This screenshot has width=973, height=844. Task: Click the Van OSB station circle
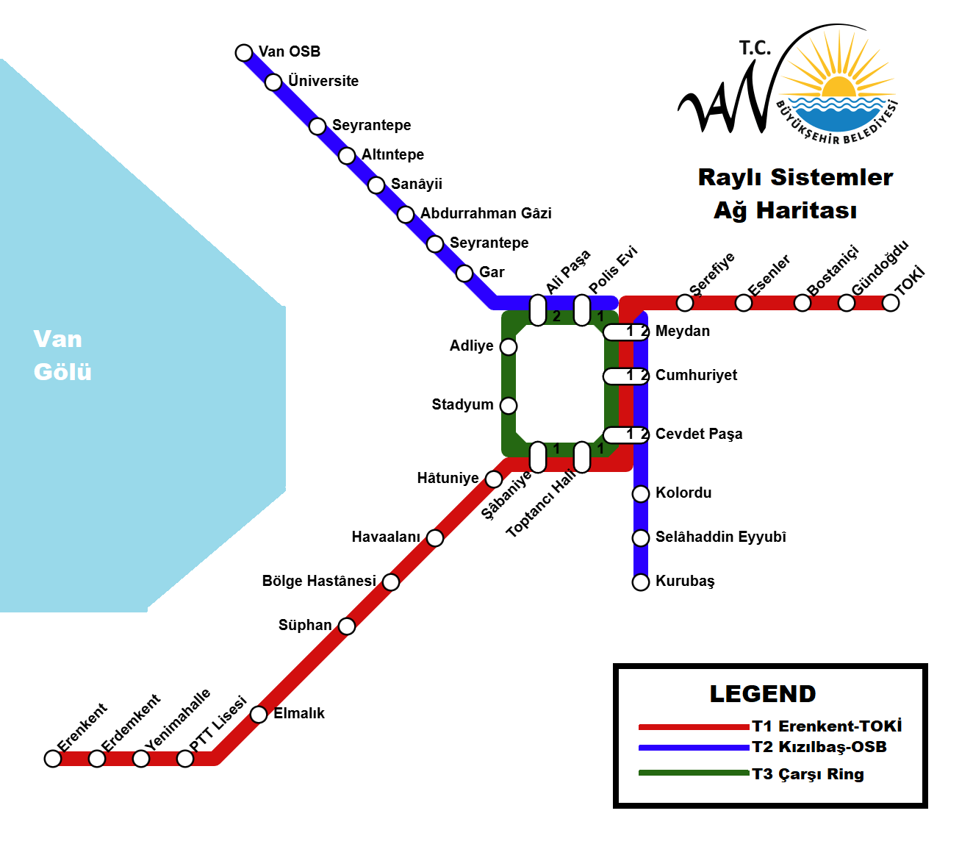click(244, 52)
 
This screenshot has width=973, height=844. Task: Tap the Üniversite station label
click(323, 81)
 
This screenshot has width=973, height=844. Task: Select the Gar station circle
click(464, 273)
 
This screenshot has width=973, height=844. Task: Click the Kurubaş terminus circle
click(641, 582)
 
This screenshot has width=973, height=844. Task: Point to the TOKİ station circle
click(891, 303)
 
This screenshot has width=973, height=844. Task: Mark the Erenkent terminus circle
click(53, 759)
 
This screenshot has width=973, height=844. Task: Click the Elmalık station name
click(299, 713)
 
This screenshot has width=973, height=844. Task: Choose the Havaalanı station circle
click(435, 538)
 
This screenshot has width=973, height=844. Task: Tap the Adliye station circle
click(509, 347)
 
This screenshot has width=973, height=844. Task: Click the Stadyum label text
click(462, 404)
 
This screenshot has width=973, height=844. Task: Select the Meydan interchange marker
click(626, 332)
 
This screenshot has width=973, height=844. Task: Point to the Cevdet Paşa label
click(698, 434)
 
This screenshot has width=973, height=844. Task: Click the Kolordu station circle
click(641, 493)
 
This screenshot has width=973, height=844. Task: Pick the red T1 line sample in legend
click(693, 727)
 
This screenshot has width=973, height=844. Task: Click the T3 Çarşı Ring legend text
click(808, 774)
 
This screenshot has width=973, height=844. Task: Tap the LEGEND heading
click(763, 694)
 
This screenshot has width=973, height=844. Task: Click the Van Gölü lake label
click(62, 355)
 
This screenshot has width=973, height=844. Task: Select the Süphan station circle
click(347, 626)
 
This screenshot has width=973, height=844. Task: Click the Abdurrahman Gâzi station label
click(486, 213)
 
